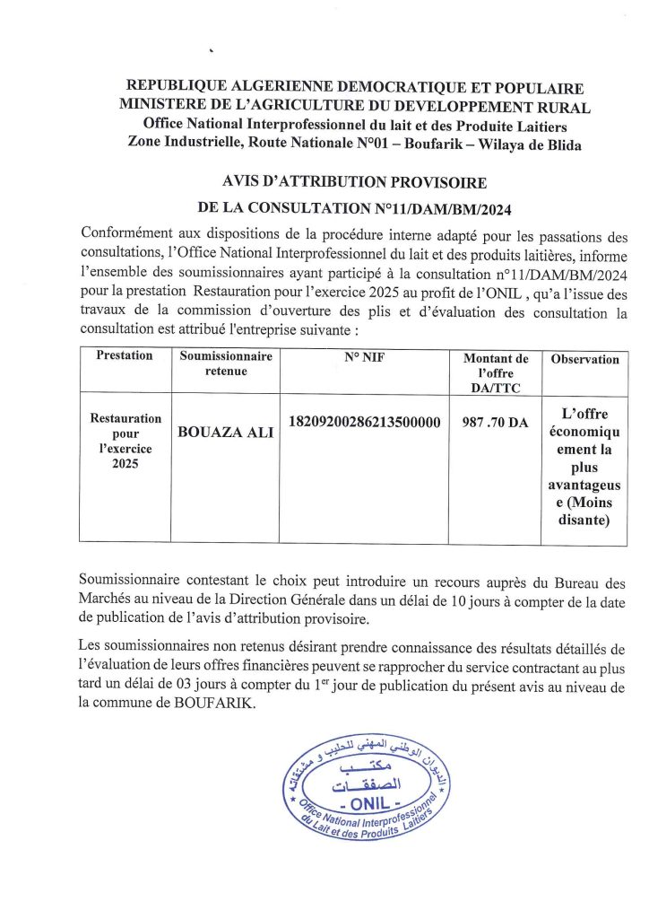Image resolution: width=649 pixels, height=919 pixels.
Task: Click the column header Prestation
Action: tap(124, 355)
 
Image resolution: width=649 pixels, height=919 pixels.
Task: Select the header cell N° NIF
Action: tap(364, 355)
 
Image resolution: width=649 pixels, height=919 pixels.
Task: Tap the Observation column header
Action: tap(584, 359)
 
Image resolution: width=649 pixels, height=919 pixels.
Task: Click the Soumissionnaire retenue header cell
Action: tap(225, 363)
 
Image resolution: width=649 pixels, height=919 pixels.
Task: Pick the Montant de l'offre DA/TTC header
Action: tap(495, 372)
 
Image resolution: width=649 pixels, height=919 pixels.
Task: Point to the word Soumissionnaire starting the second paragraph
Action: tap(138, 582)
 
